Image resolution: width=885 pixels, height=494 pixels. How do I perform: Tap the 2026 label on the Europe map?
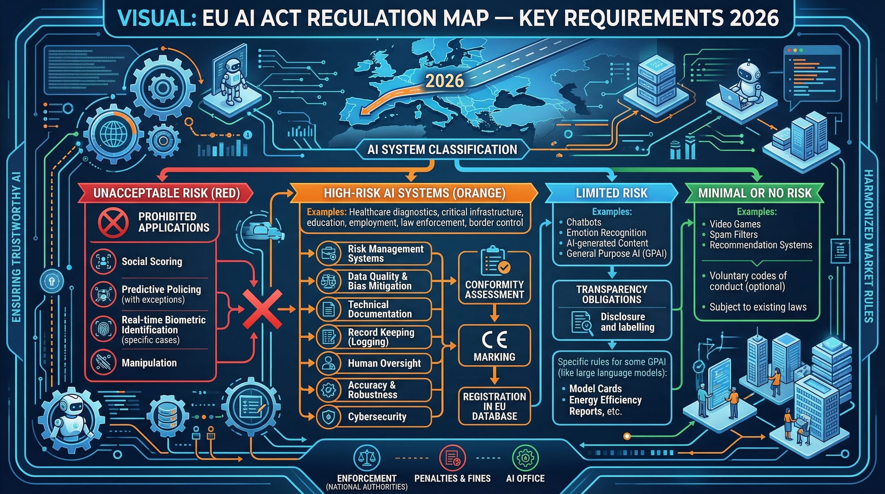[444, 81]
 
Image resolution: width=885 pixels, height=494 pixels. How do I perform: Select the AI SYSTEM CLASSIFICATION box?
[442, 150]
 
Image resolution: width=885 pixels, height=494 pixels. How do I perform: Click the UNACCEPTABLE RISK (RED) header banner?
[166, 193]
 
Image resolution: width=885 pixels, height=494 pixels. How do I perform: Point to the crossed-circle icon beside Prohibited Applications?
[113, 222]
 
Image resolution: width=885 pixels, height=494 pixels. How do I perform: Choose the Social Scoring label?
[152, 262]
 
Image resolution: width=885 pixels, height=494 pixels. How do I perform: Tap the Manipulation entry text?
[149, 363]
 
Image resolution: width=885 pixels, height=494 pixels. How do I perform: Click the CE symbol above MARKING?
[494, 340]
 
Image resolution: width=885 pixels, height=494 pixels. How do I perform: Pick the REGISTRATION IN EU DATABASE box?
[494, 406]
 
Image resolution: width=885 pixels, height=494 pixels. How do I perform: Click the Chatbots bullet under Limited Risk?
[584, 222]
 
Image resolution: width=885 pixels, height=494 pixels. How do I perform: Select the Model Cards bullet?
[595, 389]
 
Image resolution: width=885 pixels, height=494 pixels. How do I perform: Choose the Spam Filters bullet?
[733, 235]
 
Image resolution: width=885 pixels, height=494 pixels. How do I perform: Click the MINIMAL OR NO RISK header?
[754, 193]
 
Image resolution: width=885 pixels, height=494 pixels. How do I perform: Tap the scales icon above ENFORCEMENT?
[367, 458]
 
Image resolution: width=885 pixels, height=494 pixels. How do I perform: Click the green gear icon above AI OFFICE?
[525, 458]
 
